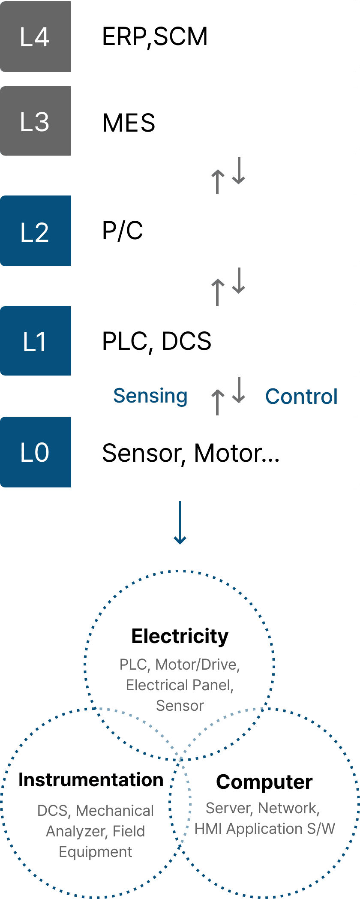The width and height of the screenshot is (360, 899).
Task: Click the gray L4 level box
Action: click(x=35, y=36)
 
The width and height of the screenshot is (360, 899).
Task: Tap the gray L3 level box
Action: click(x=35, y=121)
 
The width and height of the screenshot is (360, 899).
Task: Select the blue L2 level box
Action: click(x=35, y=231)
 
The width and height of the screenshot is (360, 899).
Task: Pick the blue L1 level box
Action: click(x=35, y=341)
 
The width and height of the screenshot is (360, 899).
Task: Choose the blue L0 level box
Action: click(x=35, y=452)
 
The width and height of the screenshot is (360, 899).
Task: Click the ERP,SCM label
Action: click(x=155, y=37)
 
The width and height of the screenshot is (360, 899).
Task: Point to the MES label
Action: click(x=129, y=123)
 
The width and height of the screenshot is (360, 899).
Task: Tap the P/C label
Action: click(x=123, y=231)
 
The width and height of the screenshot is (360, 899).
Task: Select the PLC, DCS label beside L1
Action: click(x=157, y=342)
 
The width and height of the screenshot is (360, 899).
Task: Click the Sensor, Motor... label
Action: click(x=191, y=453)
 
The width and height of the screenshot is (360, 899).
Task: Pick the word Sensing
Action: click(x=150, y=396)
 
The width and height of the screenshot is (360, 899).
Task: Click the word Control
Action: click(x=302, y=396)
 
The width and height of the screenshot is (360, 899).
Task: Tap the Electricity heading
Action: click(x=180, y=636)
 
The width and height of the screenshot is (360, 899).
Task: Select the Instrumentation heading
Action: click(x=91, y=780)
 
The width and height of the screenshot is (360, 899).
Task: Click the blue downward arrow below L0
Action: click(x=180, y=523)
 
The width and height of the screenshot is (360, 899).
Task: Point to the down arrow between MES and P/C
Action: click(x=239, y=171)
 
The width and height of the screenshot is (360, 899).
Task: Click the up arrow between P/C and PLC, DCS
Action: click(x=218, y=292)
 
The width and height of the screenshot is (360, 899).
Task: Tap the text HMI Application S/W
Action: click(x=265, y=829)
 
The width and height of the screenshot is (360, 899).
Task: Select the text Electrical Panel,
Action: click(x=180, y=685)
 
